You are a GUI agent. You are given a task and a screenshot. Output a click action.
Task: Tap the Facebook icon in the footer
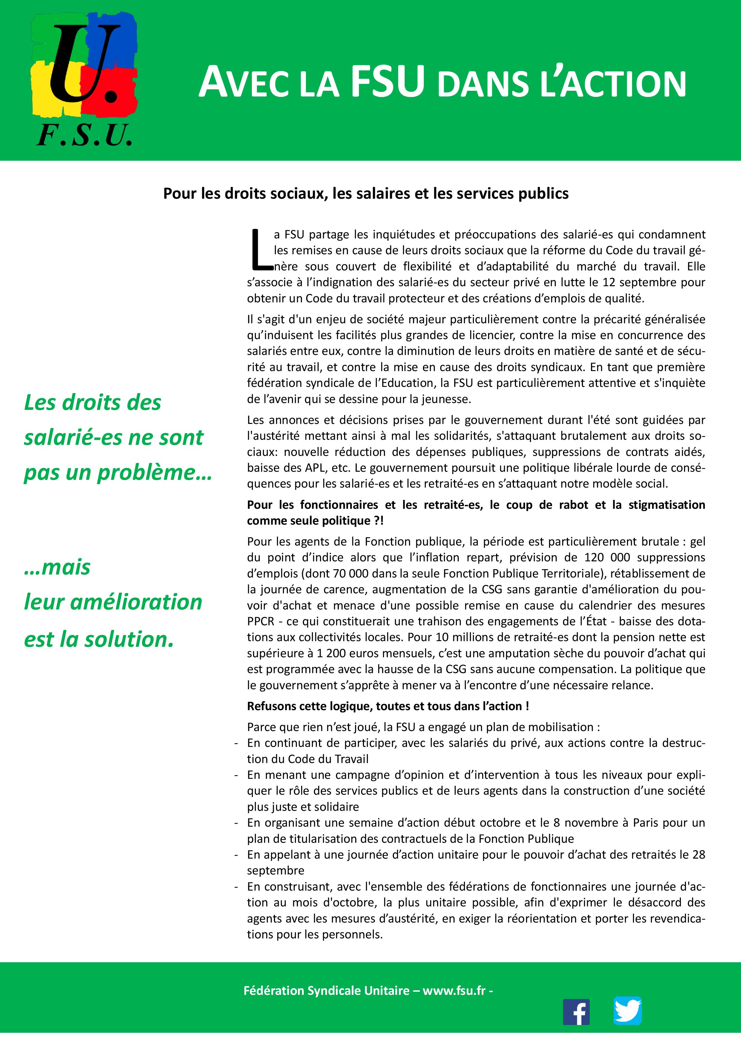click(576, 1012)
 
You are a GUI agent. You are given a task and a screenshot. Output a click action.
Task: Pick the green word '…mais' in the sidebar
click(57, 567)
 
